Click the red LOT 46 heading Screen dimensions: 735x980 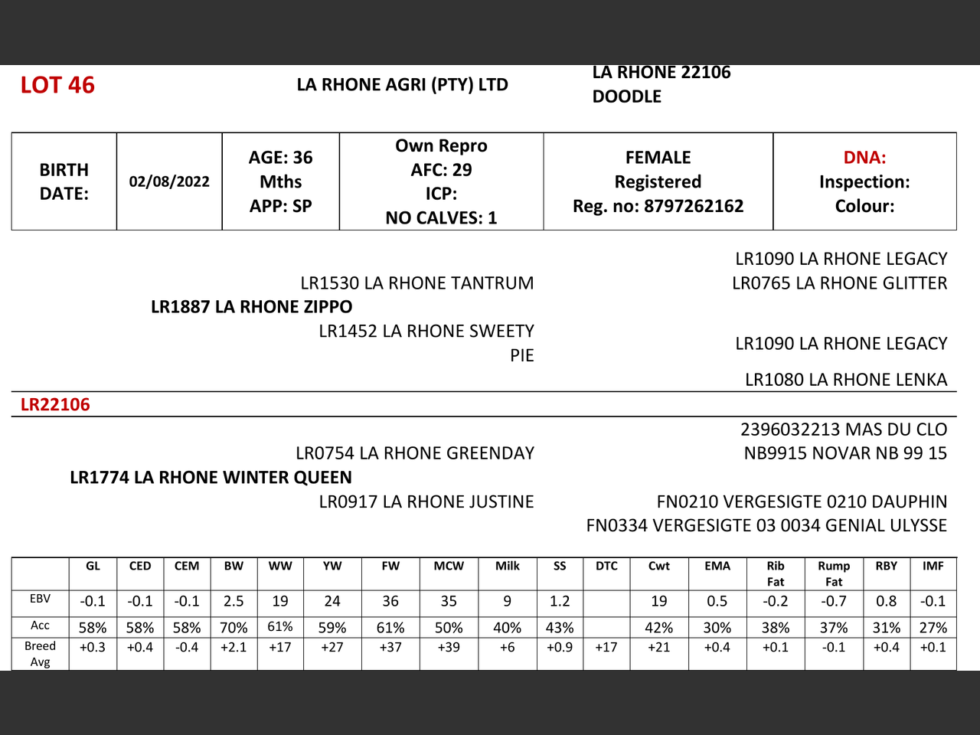[57, 85]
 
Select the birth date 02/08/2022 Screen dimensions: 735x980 [169, 181]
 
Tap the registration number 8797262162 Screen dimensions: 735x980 [693, 206]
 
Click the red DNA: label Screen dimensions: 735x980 [864, 158]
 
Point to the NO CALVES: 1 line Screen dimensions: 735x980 [441, 218]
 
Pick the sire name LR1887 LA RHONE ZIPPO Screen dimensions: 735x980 [252, 307]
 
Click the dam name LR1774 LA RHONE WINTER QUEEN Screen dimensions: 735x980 [211, 478]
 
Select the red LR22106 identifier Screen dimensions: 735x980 [55, 405]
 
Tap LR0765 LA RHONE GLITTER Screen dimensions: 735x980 [839, 283]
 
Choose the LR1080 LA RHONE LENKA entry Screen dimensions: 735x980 [846, 380]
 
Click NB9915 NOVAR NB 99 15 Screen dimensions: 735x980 [845, 453]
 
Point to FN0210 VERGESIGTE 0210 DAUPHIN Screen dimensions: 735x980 [802, 502]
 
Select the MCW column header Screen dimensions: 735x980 [449, 567]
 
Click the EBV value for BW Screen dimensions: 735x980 [234, 602]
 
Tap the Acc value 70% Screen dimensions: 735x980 [234, 628]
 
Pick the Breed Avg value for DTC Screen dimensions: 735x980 [606, 648]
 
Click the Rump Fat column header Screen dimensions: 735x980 [834, 573]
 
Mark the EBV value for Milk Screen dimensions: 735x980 [507, 602]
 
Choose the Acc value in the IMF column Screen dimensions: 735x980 [933, 628]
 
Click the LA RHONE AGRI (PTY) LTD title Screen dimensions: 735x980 [403, 85]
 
